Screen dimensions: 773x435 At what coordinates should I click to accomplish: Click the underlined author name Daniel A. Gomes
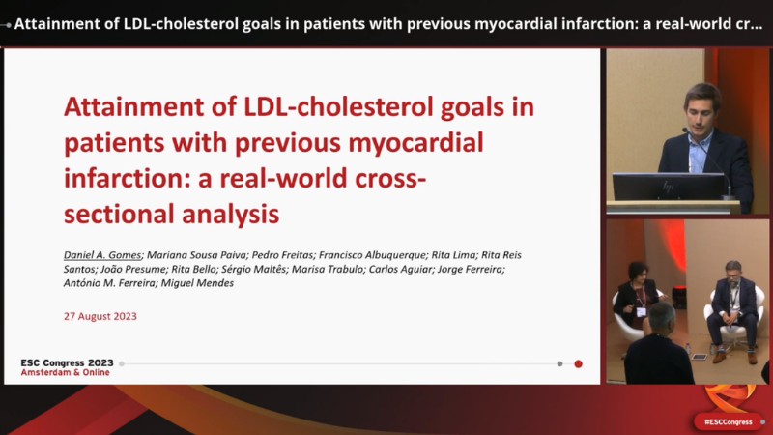click(x=102, y=255)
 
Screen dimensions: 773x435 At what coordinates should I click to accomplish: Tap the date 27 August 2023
click(x=100, y=316)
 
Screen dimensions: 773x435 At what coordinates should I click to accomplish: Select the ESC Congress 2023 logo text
click(x=67, y=363)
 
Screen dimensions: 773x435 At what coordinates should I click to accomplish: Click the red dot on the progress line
click(x=578, y=364)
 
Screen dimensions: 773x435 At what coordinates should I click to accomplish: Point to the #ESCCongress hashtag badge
click(x=729, y=422)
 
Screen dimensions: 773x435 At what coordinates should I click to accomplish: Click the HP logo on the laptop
click(x=668, y=187)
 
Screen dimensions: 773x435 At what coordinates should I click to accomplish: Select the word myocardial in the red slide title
click(x=415, y=143)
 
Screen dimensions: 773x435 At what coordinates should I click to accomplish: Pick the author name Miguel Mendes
click(x=197, y=283)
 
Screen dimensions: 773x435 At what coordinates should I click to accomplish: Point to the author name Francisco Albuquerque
click(x=372, y=255)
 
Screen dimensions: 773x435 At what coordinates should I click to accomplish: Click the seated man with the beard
click(x=732, y=310)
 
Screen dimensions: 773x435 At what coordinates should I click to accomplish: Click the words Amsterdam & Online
click(x=65, y=372)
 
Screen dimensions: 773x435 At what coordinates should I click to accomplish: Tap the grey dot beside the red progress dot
click(x=559, y=364)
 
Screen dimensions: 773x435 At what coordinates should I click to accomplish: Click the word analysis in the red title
click(x=230, y=214)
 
